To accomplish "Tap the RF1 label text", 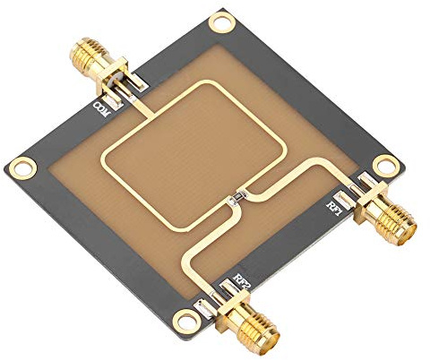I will pyautogui.click(x=333, y=207).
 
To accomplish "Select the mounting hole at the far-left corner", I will pyautogui.click(x=21, y=167).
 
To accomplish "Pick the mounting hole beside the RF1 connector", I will pyautogui.click(x=385, y=164).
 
